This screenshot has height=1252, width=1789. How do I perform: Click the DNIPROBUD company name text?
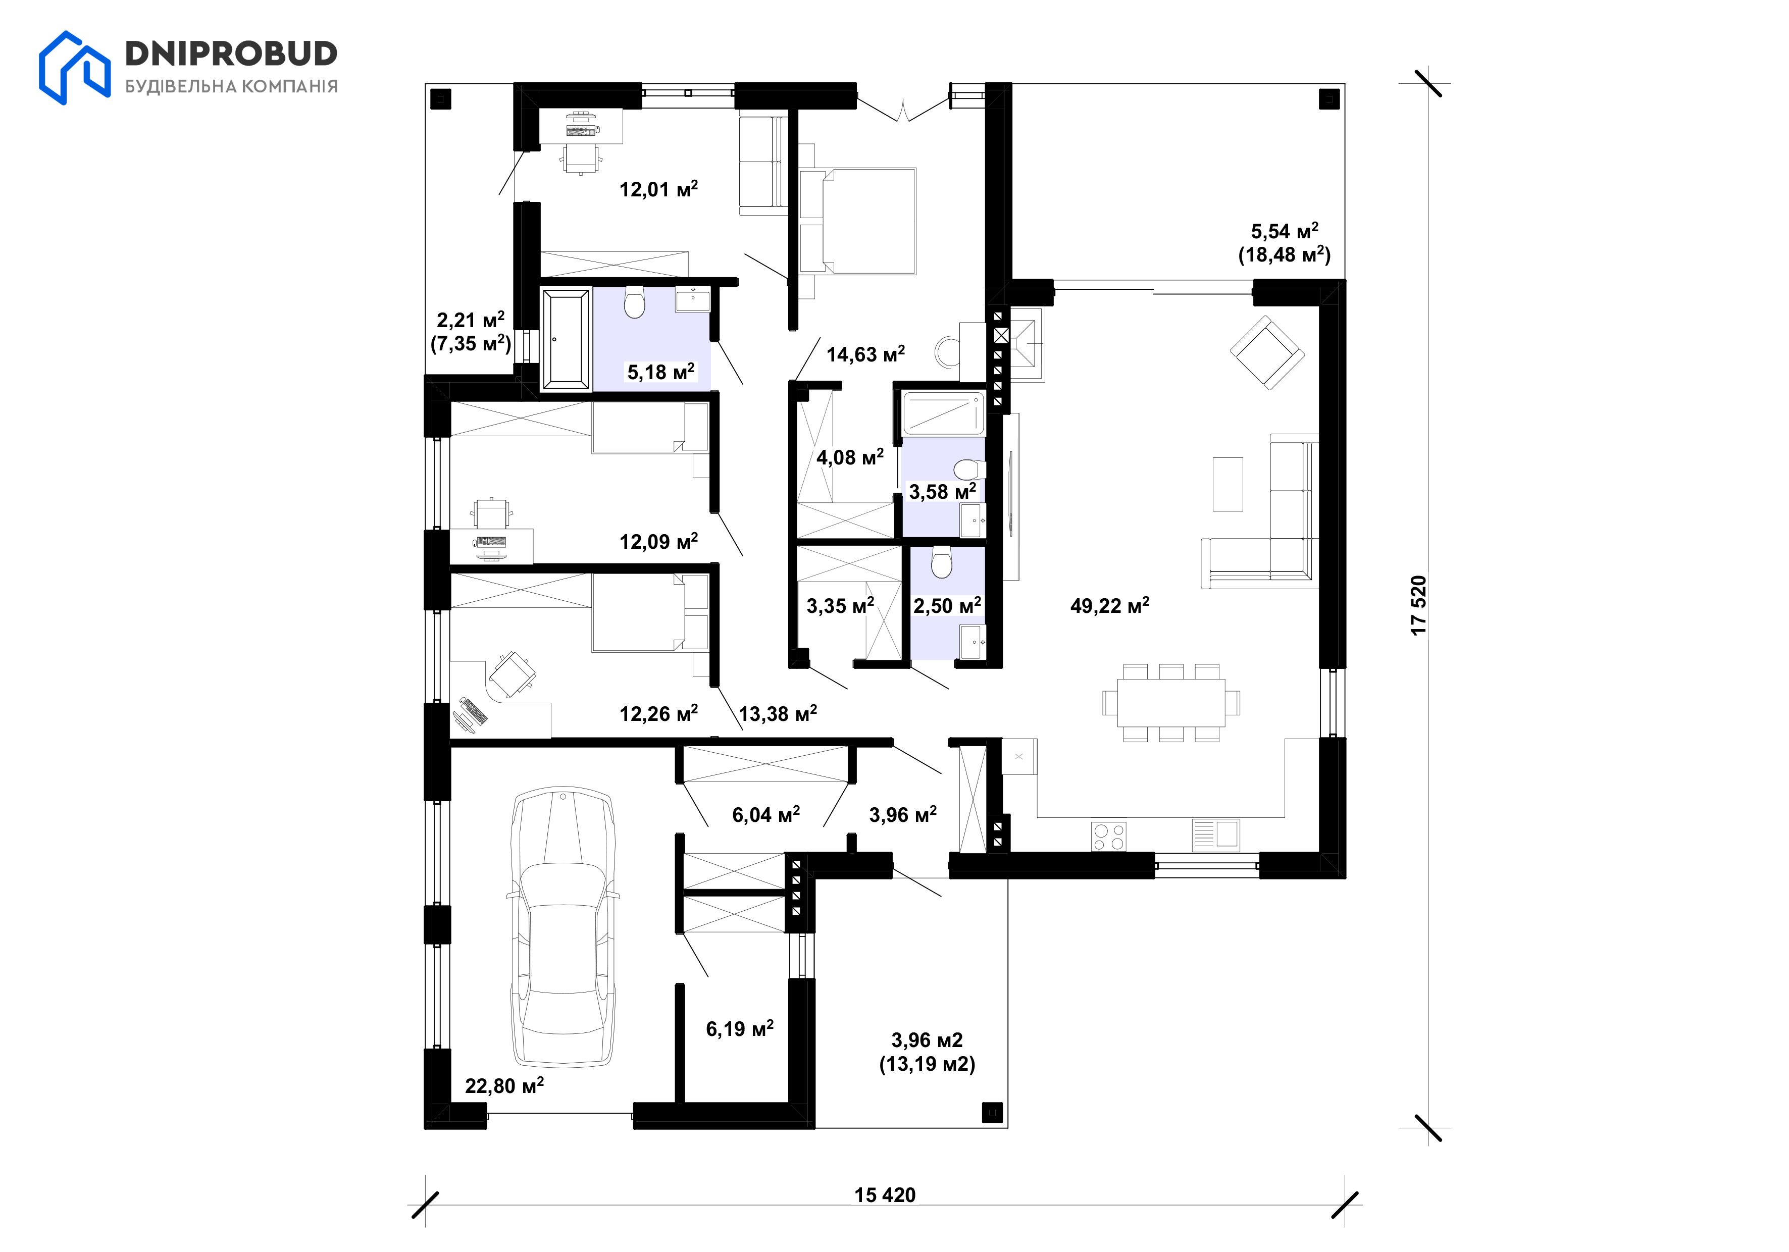coord(231,54)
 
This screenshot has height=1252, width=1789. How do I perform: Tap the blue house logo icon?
coord(75,68)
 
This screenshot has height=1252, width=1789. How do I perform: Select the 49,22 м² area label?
coord(1109,605)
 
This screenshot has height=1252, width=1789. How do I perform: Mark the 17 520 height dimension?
coord(1418,605)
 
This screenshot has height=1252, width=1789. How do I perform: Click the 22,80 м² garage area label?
coord(504,1085)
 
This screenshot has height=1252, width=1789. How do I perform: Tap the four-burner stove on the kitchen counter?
coord(1108,837)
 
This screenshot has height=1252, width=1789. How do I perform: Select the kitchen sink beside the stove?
coord(1215,835)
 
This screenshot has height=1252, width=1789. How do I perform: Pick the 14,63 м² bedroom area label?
coord(865,354)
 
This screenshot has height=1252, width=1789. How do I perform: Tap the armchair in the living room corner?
coord(1267,352)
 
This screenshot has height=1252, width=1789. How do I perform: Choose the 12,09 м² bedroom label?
coord(658,542)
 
